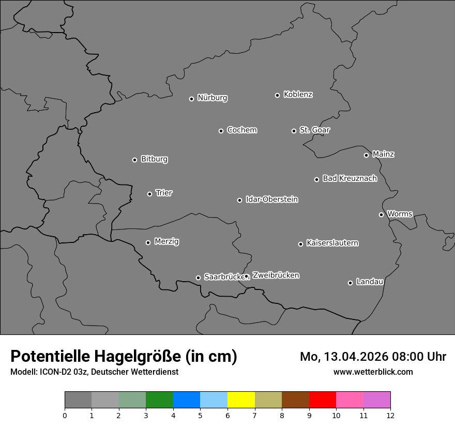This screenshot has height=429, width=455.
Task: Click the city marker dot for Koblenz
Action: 277,95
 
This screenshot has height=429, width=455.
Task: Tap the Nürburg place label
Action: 212,98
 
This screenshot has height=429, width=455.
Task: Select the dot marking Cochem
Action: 221,131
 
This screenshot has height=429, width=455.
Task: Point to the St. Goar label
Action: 314,130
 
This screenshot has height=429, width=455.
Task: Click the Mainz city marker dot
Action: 366,155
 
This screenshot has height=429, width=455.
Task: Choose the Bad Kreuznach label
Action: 350,178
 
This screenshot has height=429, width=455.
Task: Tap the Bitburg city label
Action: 154,159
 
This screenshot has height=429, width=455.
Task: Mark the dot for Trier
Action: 149,194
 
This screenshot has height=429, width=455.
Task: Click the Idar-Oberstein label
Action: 271,200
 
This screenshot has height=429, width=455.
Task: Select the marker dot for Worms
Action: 381,214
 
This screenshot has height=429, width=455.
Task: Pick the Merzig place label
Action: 166,241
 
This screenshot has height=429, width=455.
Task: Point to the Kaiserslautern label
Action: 332,243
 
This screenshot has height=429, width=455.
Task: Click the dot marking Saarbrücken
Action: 198,278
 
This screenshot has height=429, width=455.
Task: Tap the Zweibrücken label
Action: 276,275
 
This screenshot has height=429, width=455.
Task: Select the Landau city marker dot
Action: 350,283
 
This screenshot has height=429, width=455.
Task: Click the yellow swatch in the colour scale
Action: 241,400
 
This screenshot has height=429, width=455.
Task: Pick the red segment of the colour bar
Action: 322,400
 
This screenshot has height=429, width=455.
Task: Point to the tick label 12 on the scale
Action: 390,415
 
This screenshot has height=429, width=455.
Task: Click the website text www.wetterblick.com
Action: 373,372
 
